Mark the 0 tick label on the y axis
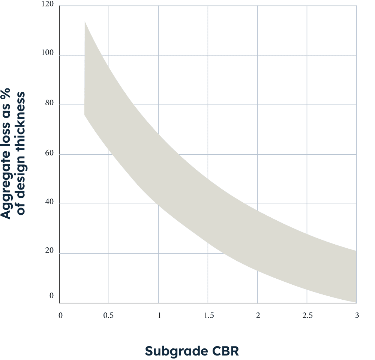click(52, 296)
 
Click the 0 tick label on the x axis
click(60, 315)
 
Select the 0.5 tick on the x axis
click(109, 315)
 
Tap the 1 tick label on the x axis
click(159, 315)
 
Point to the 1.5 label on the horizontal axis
click(209, 315)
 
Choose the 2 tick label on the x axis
click(258, 315)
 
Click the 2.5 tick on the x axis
click(307, 315)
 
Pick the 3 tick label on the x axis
click(357, 315)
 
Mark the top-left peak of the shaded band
click(85, 21)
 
